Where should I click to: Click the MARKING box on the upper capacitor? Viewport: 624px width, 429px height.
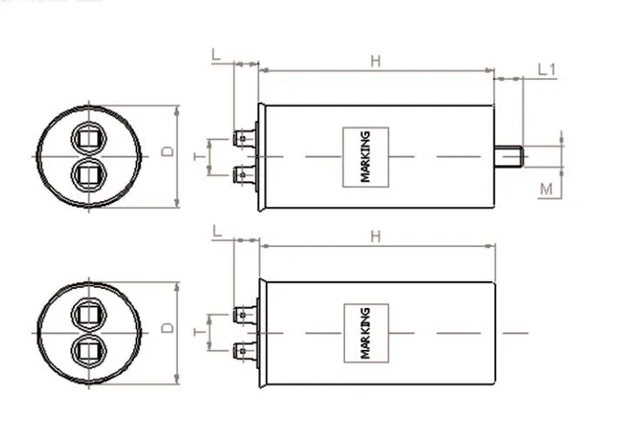pyautogui.click(x=366, y=156)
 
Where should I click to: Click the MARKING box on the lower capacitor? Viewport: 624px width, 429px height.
pyautogui.click(x=366, y=332)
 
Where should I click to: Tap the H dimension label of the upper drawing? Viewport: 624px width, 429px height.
pyautogui.click(x=375, y=60)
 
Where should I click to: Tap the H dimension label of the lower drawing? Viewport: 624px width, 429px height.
pyautogui.click(x=375, y=236)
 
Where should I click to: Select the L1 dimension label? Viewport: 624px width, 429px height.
pyautogui.click(x=546, y=69)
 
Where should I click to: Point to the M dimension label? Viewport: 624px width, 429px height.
pyautogui.click(x=546, y=189)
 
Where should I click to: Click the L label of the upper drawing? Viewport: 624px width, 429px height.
pyautogui.click(x=216, y=54)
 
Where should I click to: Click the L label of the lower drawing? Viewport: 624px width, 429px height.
pyautogui.click(x=216, y=230)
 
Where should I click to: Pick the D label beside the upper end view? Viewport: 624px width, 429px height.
pyautogui.click(x=169, y=151)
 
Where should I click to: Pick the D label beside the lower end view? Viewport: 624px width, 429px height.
pyautogui.click(x=169, y=328)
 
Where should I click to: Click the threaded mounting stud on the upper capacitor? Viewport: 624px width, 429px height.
pyautogui.click(x=508, y=157)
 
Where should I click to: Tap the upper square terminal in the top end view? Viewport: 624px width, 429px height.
pyautogui.click(x=88, y=138)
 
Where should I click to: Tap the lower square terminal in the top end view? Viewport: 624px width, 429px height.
pyautogui.click(x=88, y=174)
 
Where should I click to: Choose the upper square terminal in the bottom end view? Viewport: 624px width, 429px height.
pyautogui.click(x=88, y=314)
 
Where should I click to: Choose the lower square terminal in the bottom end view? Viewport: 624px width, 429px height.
pyautogui.click(x=88, y=350)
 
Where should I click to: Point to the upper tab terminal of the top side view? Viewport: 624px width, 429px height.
pyautogui.click(x=246, y=138)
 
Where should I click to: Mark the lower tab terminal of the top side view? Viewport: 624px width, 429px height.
pyautogui.click(x=246, y=174)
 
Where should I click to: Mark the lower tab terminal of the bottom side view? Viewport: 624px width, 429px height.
pyautogui.click(x=246, y=351)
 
